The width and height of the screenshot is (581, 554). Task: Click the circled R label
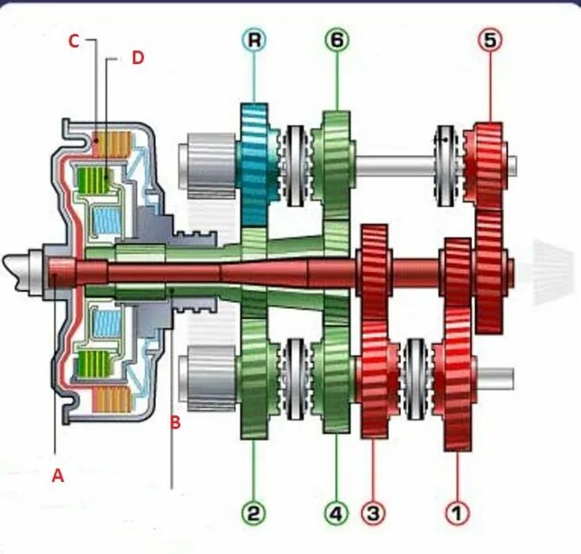click(254, 40)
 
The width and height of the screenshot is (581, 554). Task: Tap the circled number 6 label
click(337, 40)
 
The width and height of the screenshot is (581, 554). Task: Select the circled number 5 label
click(490, 40)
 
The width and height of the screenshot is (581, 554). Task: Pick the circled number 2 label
click(253, 513)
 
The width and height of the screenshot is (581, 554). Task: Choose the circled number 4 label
click(336, 513)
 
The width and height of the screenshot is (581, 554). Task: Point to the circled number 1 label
click(456, 513)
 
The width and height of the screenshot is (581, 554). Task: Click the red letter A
click(58, 475)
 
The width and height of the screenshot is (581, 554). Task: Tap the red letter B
click(175, 424)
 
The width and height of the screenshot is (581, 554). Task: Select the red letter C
click(75, 41)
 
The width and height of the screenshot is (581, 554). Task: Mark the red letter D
click(137, 58)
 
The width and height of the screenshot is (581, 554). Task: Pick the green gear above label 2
click(258, 386)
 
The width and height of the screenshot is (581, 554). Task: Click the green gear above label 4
click(334, 381)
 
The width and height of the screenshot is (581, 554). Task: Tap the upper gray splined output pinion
click(206, 162)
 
